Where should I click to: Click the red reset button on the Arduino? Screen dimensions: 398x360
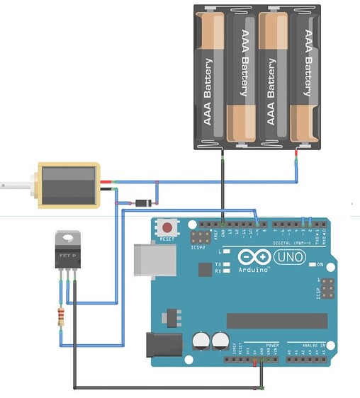167,228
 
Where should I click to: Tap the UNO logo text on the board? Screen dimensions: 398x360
288,256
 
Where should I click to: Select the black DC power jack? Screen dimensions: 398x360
161,345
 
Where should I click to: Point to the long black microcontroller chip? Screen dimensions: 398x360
276,321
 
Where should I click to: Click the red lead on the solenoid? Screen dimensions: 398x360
106,183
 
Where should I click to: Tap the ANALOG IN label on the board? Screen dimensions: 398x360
312,345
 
